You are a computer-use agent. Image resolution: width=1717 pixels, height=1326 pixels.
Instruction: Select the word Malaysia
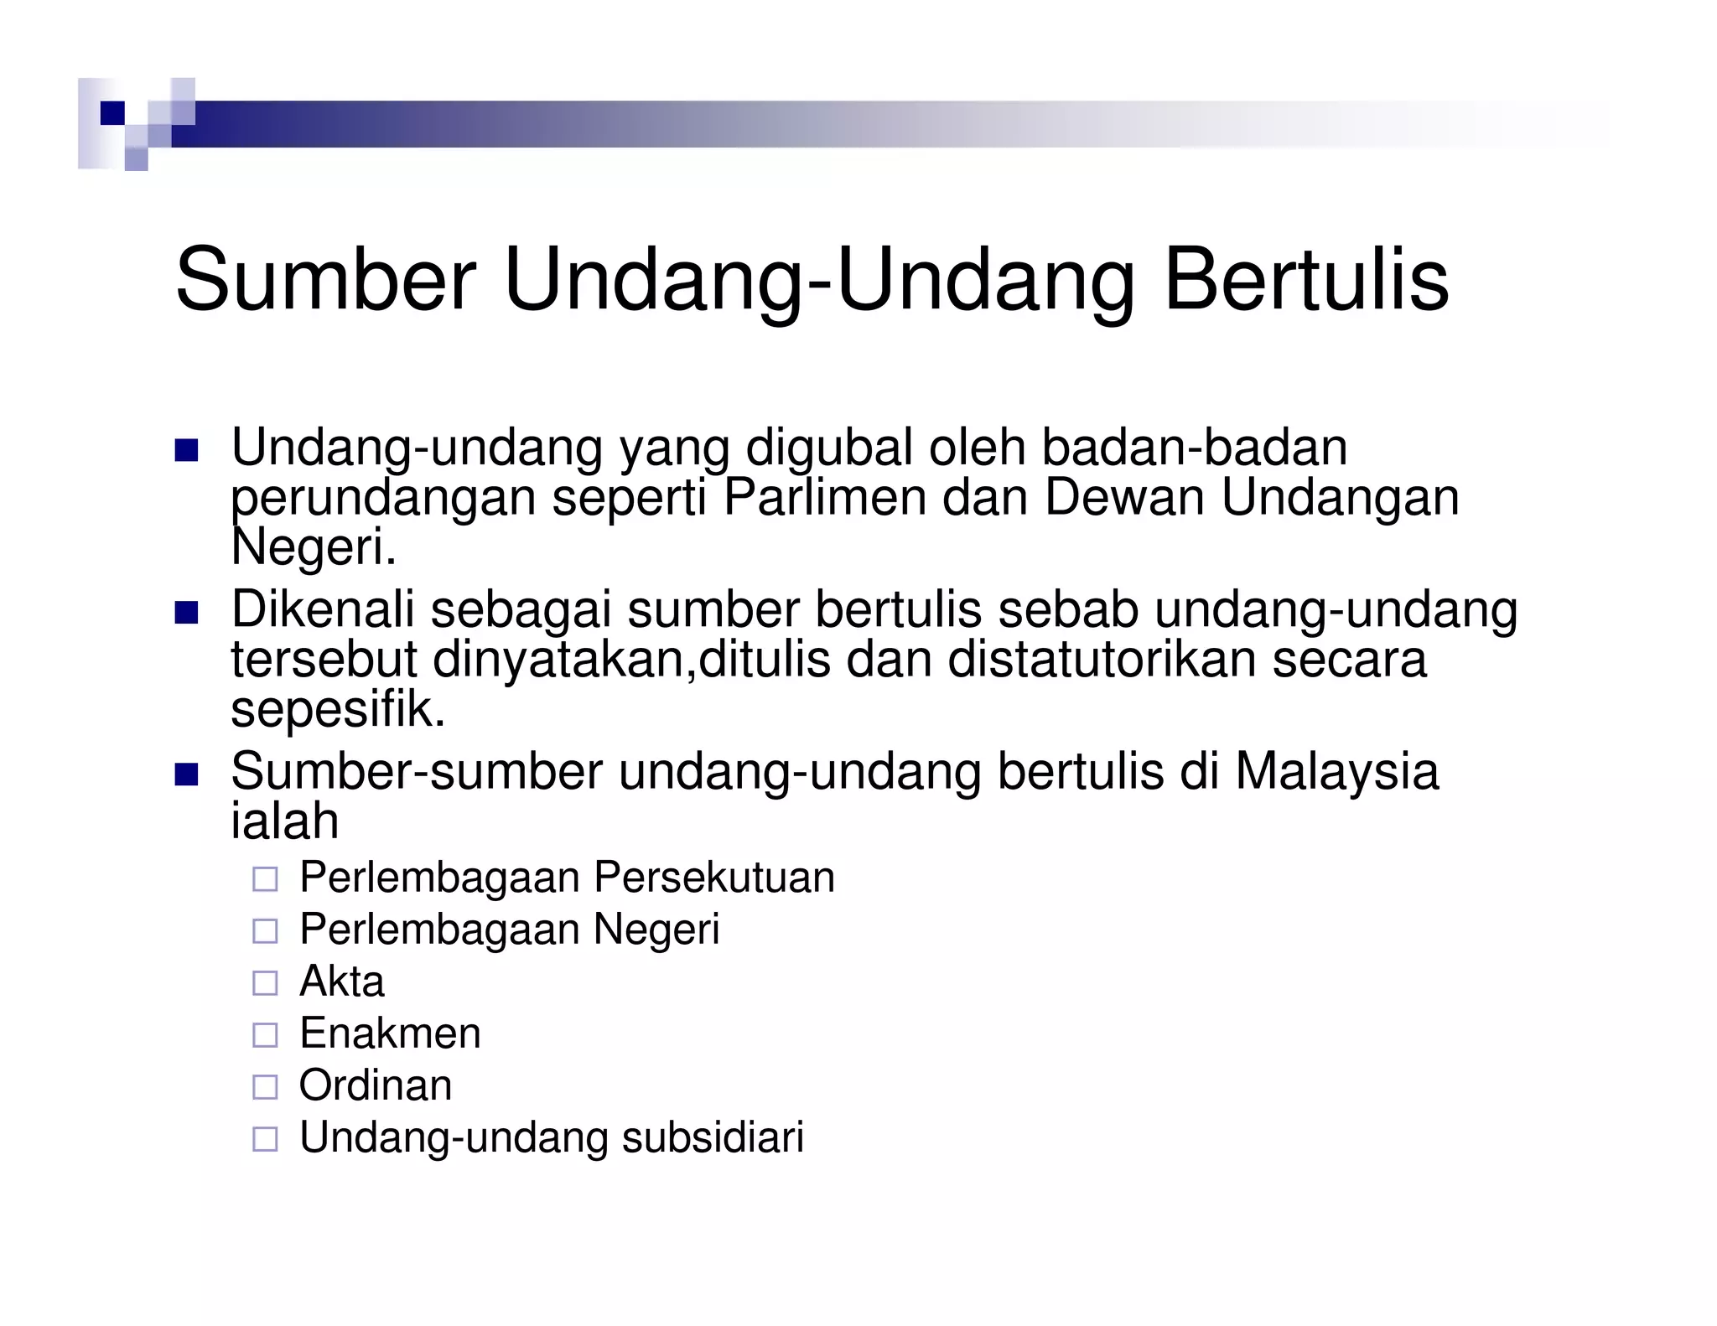tap(1336, 771)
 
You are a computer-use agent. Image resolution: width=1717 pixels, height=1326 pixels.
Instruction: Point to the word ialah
tap(284, 821)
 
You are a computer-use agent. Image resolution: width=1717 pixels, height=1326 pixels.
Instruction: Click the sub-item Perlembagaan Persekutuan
tap(567, 878)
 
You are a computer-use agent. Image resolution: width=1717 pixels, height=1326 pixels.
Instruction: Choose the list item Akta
tap(341, 982)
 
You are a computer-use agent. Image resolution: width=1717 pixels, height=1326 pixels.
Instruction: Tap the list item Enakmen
tap(390, 1033)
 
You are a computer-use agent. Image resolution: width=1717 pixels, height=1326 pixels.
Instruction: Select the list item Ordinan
tap(375, 1085)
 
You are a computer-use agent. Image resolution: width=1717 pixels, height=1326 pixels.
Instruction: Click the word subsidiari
tap(713, 1137)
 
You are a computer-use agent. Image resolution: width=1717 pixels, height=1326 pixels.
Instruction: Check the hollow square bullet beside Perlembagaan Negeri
tap(265, 931)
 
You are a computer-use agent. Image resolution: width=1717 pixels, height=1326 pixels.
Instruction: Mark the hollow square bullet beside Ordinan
tap(265, 1087)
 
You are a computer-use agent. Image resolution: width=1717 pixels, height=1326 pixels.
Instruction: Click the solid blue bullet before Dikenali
tap(186, 614)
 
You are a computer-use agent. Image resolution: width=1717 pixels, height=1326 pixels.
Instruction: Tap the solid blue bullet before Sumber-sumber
tap(186, 775)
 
